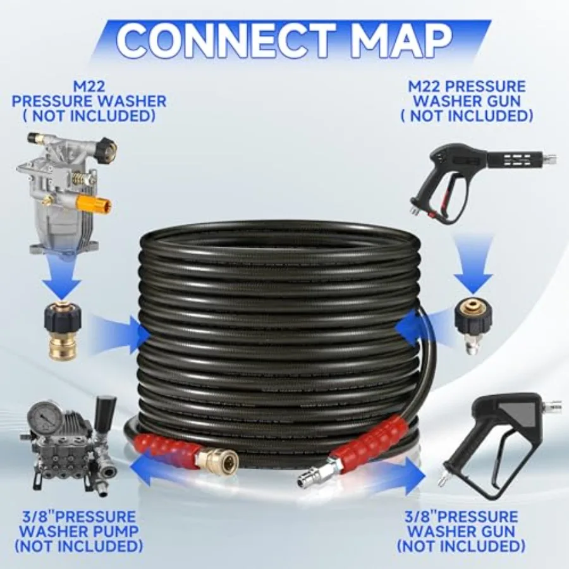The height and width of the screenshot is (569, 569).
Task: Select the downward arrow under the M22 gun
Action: click(472, 267)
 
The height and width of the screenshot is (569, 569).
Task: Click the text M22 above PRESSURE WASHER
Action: click(89, 87)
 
